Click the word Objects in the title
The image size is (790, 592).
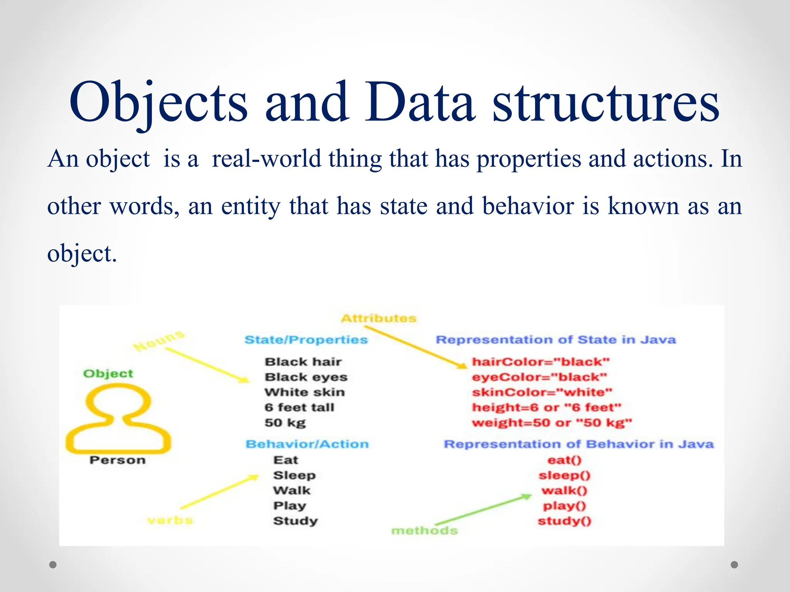(x=158, y=102)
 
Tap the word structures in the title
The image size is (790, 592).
(x=606, y=102)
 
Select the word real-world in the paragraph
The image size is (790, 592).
(x=266, y=159)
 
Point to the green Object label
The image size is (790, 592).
(x=108, y=373)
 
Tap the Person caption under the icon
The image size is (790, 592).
(x=117, y=460)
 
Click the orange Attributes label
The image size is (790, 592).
(x=379, y=318)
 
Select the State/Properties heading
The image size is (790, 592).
(x=306, y=340)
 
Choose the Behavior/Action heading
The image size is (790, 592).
(x=307, y=444)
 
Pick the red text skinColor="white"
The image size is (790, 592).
(x=542, y=392)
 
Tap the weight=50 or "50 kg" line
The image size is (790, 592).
(x=552, y=423)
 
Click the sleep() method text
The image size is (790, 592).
(x=564, y=475)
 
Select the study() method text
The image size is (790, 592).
(x=564, y=521)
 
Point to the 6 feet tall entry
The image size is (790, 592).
(x=299, y=407)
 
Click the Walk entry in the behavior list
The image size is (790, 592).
(x=292, y=491)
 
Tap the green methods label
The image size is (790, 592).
(x=424, y=531)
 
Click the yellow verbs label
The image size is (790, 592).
(x=170, y=520)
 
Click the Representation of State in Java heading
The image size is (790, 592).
(x=555, y=340)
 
